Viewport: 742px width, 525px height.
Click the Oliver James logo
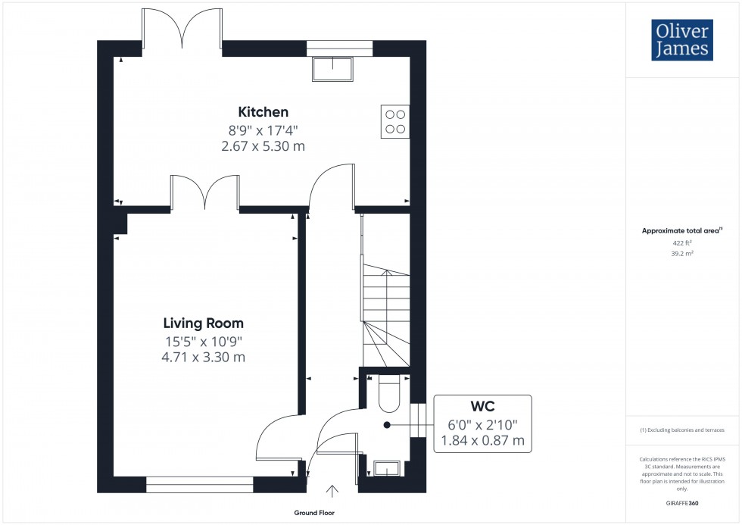[x=681, y=40]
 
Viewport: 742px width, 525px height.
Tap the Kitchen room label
[x=263, y=112]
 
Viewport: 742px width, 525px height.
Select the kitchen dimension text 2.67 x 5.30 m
[x=263, y=145]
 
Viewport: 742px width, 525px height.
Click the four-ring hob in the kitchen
[x=394, y=121]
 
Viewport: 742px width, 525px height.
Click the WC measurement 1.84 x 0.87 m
[x=482, y=440]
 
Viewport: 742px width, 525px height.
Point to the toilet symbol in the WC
[x=386, y=392]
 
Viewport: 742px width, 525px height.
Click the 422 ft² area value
[x=682, y=243]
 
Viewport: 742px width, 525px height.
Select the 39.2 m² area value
[x=682, y=255]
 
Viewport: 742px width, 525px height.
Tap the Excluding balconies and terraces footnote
[x=682, y=430]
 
